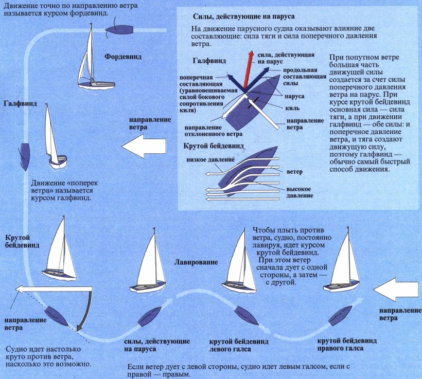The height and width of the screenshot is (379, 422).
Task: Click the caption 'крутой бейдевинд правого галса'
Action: coord(346,345)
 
